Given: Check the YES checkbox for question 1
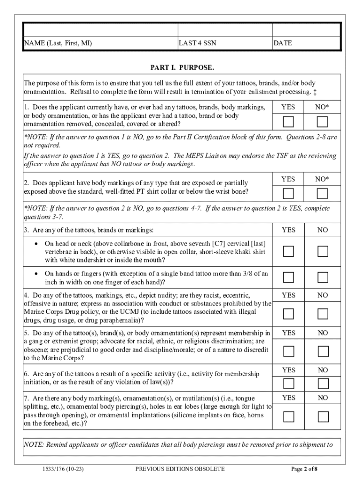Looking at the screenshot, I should tap(288, 122).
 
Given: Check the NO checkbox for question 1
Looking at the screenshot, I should tap(322, 122).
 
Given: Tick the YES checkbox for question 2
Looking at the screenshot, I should tap(288, 193).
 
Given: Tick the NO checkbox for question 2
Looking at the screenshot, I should tap(322, 193).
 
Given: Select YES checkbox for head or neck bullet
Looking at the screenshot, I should tap(288, 251).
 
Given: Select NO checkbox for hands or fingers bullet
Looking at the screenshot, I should tap(322, 277).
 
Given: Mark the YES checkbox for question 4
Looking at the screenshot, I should tap(288, 313).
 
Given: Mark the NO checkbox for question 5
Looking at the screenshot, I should tap(322, 351).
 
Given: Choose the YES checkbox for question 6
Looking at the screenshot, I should tap(288, 384).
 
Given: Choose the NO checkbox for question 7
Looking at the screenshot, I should tap(322, 416).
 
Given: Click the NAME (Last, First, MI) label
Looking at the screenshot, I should tap(58, 43).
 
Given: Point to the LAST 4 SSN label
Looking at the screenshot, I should tap(198, 43).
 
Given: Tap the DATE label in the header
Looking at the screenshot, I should tap(283, 43).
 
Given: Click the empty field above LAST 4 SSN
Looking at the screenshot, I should tap(225, 30).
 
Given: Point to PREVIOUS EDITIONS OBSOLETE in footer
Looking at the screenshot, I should tap(180, 468).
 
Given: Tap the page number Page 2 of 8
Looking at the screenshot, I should tap(304, 468).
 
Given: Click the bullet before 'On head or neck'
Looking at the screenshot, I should tap(36, 244).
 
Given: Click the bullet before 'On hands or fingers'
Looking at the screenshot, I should tap(36, 274).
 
